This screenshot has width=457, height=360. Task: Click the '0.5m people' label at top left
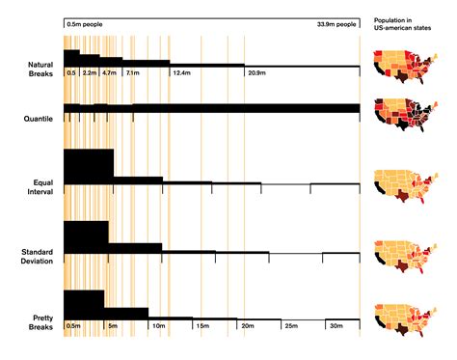coord(85,23)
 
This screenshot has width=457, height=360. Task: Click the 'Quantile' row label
coord(38,119)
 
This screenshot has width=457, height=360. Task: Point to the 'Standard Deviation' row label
coord(38,256)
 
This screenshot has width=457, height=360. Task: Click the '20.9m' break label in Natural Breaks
coord(256,73)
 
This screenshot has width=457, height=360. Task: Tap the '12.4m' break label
coord(181,73)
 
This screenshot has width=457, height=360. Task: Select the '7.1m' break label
coord(133,73)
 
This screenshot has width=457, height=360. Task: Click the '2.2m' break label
coord(89,73)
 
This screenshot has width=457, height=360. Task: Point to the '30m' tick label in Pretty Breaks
coord(336,326)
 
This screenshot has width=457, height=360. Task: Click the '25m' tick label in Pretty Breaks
coord(290,326)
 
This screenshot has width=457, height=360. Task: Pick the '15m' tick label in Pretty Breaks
coord(202,326)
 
